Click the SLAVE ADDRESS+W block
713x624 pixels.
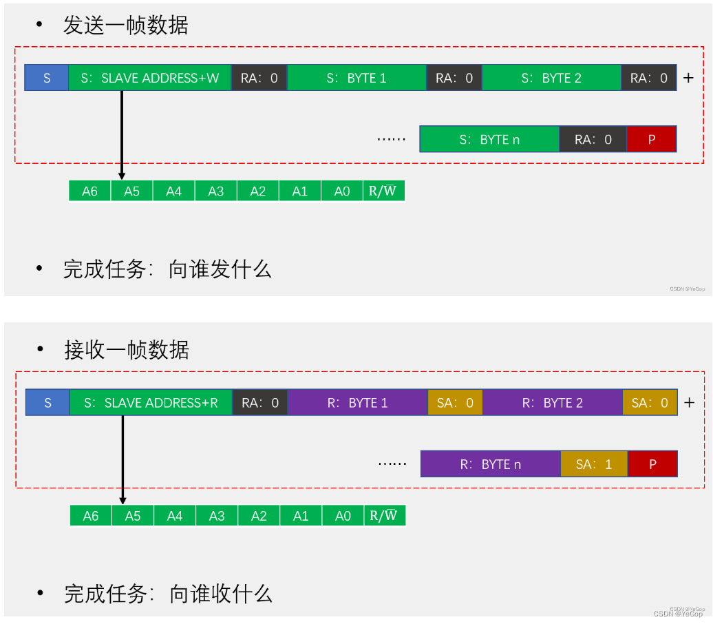[x=149, y=78]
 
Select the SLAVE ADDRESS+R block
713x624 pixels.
[x=151, y=403]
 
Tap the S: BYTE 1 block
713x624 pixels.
[x=356, y=78]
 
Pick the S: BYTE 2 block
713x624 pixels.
[x=551, y=78]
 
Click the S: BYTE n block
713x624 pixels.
[x=489, y=139]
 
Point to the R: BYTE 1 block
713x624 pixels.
[x=358, y=403]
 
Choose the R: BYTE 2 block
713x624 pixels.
[x=553, y=403]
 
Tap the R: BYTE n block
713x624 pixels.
[x=491, y=464]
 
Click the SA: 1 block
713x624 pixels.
[x=594, y=464]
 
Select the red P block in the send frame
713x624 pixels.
[x=652, y=139]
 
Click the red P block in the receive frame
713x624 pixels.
[x=652, y=464]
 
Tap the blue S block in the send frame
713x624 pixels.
[x=47, y=78]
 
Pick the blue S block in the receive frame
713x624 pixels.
[x=47, y=403]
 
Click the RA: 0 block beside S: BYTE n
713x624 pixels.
[x=593, y=139]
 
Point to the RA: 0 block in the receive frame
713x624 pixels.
[x=260, y=403]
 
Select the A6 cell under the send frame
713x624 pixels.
[x=90, y=191]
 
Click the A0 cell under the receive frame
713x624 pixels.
[x=343, y=516]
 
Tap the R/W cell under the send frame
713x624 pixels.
[x=383, y=191]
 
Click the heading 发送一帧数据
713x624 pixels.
[x=126, y=25]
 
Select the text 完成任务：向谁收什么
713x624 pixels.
[x=169, y=594]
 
